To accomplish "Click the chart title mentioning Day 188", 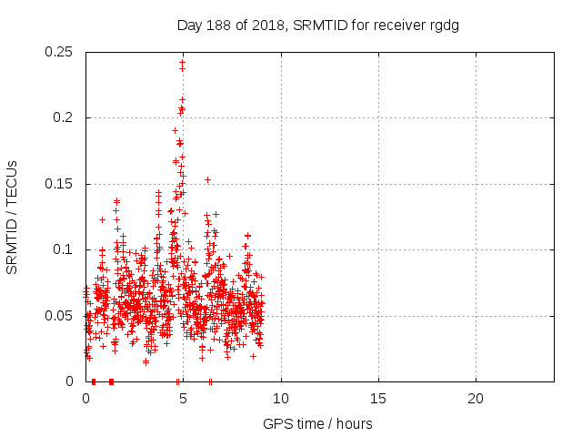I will (317, 25).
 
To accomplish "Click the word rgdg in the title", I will (444, 25).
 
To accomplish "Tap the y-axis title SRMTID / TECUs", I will (13, 217).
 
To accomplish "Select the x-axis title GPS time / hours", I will (317, 423).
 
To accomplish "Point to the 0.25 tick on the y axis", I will (59, 52).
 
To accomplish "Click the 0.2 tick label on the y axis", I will (63, 118).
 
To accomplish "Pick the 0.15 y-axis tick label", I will (59, 184).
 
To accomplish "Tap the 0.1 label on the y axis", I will (63, 249).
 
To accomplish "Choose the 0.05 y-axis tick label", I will (59, 316).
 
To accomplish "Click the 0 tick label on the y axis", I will (71, 381).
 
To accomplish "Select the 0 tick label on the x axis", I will (86, 398).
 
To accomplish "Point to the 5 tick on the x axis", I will (184, 398).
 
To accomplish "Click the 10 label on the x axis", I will (281, 398).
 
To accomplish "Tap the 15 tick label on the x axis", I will (378, 398).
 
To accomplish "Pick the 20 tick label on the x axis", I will (476, 398).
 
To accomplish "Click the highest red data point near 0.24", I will (183, 62).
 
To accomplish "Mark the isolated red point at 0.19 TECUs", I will (176, 130).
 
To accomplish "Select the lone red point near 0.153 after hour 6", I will (207, 179).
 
